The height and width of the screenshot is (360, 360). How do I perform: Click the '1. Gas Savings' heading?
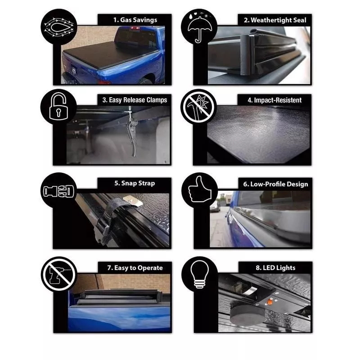click(x=135, y=20)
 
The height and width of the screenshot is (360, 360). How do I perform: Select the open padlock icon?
click(x=58, y=106)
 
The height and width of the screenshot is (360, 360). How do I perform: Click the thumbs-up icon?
click(x=199, y=189)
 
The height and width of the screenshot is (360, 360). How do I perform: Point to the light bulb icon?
click(x=200, y=274)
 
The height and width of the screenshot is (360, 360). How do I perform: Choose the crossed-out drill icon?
click(x=59, y=274)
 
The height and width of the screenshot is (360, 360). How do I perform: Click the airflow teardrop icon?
click(x=59, y=27)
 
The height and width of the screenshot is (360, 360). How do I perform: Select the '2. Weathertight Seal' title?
click(x=275, y=20)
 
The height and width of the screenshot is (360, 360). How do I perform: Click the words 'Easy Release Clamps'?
click(x=138, y=100)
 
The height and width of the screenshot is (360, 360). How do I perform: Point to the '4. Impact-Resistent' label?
click(x=274, y=100)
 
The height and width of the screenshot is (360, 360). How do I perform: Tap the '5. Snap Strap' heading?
click(x=135, y=184)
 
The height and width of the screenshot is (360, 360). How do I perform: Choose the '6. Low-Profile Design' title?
click(x=275, y=184)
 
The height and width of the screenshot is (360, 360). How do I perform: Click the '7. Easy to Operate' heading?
click(x=135, y=268)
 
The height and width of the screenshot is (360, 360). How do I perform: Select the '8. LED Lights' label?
click(x=275, y=268)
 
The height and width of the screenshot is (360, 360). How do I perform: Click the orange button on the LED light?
click(x=270, y=302)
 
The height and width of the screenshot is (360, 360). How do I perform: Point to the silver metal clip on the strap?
click(x=132, y=201)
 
